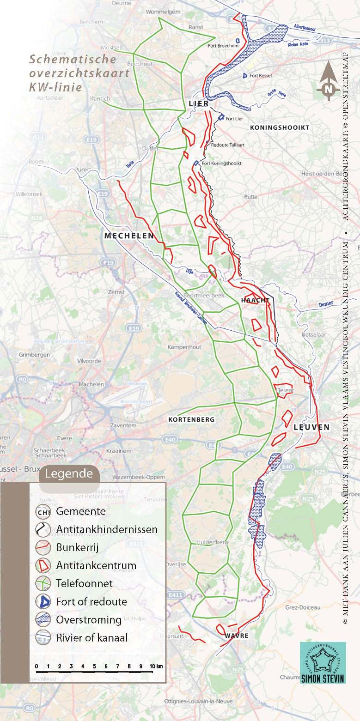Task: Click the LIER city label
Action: (x=199, y=104)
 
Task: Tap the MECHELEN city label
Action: (x=129, y=236)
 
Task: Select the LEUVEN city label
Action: (x=312, y=427)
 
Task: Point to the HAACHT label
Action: (x=255, y=300)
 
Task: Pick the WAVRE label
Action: (x=237, y=636)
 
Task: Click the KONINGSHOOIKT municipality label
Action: (x=279, y=127)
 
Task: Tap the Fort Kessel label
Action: (x=260, y=75)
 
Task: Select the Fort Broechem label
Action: (x=223, y=46)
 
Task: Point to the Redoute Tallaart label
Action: (x=227, y=145)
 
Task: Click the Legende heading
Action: (x=69, y=473)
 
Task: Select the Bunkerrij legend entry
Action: (x=77, y=547)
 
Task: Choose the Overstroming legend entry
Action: (x=89, y=619)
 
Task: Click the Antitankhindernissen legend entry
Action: (x=106, y=529)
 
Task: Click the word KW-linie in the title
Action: (x=55, y=87)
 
